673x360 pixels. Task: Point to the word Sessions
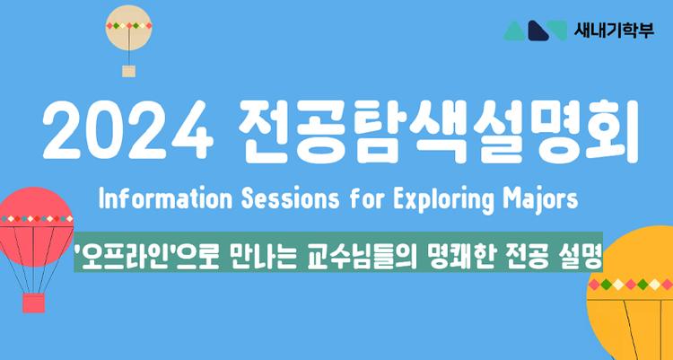(267, 198)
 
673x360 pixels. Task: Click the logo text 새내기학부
(616, 30)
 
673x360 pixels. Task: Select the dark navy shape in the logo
(538, 31)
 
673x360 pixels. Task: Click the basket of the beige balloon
(128, 70)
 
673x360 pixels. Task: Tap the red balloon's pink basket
(33, 303)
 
